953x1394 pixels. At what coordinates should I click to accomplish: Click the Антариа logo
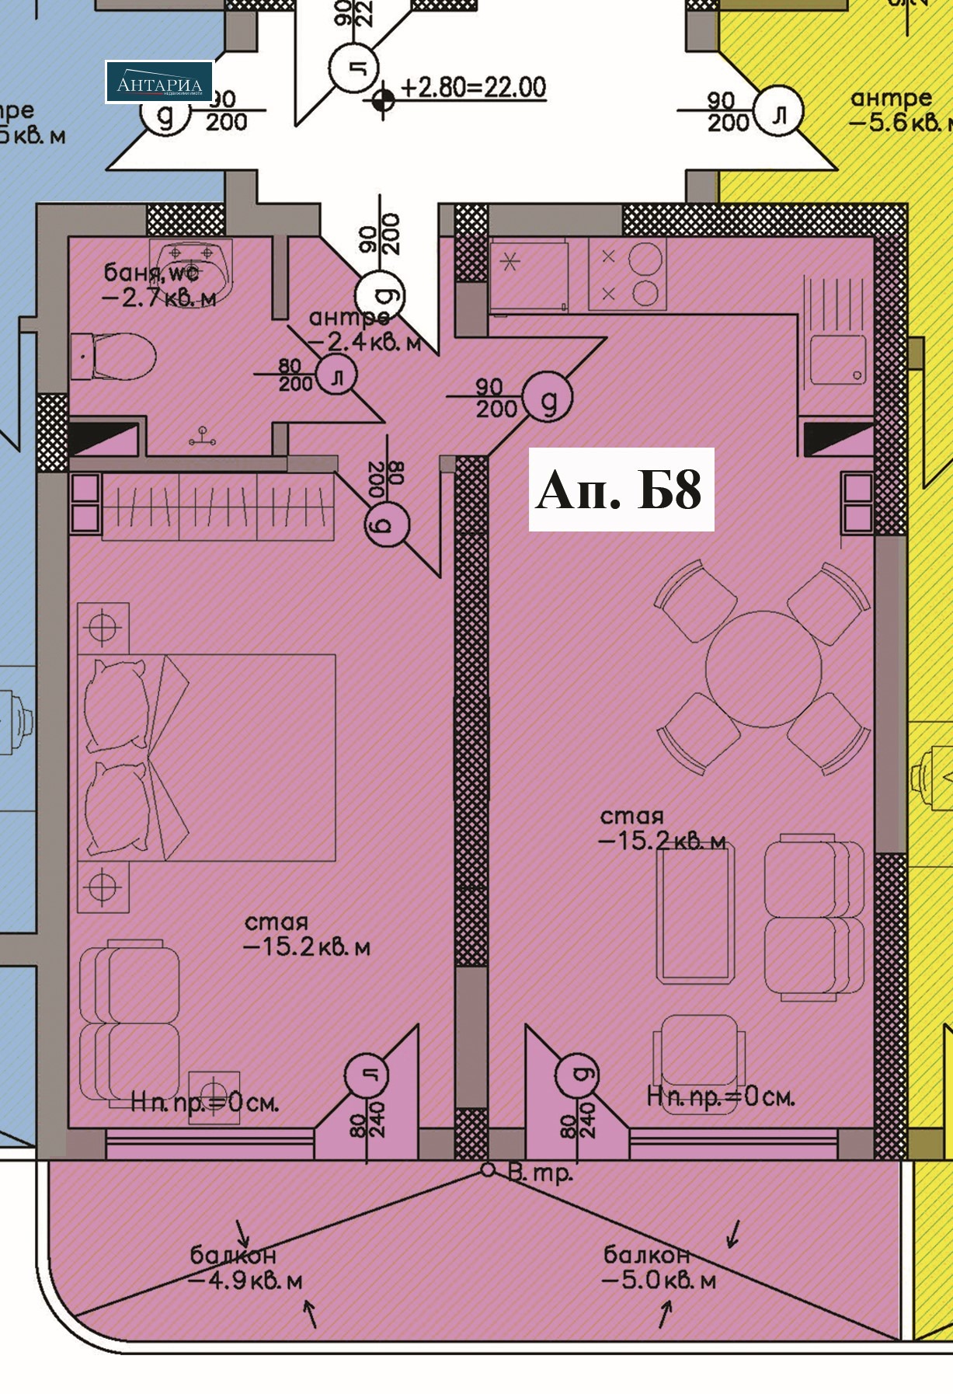point(159,82)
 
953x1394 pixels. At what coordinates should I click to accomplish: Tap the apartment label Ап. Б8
point(621,490)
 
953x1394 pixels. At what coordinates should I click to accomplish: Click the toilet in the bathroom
point(115,357)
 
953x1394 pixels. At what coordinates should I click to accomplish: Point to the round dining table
point(763,669)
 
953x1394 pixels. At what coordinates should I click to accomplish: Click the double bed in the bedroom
point(207,757)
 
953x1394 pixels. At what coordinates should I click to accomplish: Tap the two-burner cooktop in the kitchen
point(628,274)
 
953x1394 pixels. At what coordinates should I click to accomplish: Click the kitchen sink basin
point(837,359)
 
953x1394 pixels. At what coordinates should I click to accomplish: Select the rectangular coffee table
point(695,914)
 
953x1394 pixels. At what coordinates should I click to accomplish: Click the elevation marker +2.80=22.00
point(472,88)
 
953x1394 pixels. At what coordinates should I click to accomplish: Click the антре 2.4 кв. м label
point(363,330)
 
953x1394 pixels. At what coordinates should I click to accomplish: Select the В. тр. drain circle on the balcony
point(487,1169)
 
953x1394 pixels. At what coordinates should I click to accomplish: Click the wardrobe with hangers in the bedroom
point(217,507)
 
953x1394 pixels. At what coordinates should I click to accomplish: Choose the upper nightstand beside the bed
point(103,628)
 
